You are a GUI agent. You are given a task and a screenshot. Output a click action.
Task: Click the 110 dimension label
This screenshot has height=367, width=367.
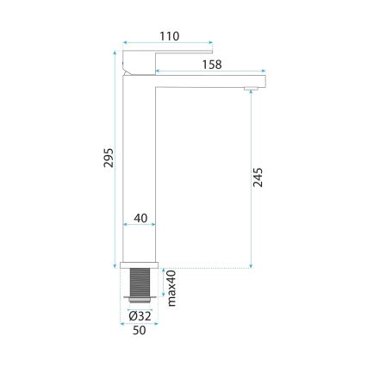tap(169, 35)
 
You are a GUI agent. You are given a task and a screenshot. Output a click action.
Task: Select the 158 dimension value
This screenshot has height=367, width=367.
tap(211, 65)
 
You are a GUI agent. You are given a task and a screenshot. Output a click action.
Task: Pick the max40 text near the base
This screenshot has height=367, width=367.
tap(171, 287)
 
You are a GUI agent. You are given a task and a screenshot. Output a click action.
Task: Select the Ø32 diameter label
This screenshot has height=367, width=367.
tap(141, 316)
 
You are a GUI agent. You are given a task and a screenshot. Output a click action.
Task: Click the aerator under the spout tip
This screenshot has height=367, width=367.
tap(252, 89)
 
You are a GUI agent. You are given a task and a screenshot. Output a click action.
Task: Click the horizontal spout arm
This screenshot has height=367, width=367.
tap(207, 80)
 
